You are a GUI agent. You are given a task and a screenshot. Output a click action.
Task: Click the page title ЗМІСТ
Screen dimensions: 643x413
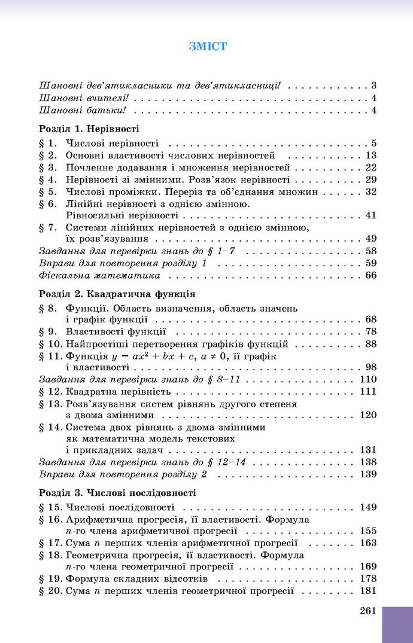pos(207,46)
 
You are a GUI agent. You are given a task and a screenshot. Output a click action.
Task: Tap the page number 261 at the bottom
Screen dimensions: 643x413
pos(368,611)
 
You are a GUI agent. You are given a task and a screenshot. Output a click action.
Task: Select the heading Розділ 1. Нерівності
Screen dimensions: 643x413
pos(89,128)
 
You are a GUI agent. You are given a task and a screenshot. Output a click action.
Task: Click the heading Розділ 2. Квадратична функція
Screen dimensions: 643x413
pos(117,294)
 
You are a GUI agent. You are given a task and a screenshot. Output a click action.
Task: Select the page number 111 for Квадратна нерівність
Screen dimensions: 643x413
pos(368,391)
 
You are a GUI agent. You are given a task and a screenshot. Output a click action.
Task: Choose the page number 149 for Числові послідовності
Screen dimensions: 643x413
pos(368,507)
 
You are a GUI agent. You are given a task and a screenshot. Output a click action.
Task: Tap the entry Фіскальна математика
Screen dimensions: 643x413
pos(99,276)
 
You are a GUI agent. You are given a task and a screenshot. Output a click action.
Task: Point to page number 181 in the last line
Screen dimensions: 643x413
pos(368,590)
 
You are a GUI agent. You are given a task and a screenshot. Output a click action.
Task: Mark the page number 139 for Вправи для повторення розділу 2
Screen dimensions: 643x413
pos(368,474)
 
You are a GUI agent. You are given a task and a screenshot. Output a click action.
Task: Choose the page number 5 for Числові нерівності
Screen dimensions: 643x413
pos(373,143)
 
